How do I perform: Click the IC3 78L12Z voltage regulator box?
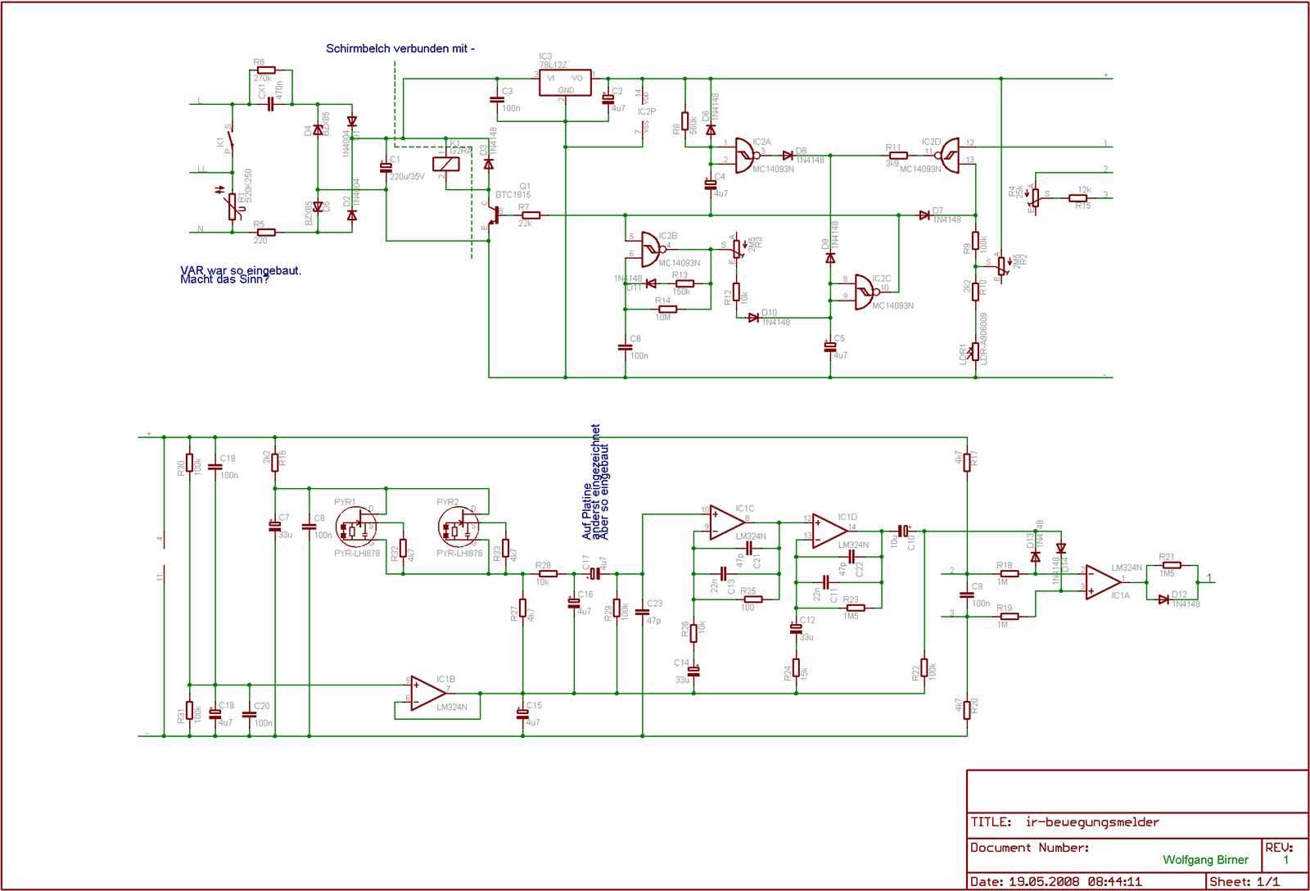[565, 83]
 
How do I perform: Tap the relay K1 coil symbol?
[446, 163]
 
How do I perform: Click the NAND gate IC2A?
[745, 155]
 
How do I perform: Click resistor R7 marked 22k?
[531, 215]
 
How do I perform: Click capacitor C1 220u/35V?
[386, 167]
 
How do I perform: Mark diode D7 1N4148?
[924, 215]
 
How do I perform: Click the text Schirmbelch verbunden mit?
[400, 48]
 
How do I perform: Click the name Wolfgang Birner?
[1205, 860]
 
